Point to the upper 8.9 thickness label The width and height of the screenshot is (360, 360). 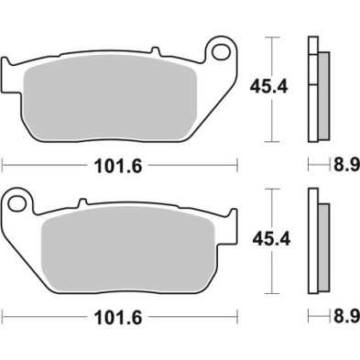click(x=344, y=165)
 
